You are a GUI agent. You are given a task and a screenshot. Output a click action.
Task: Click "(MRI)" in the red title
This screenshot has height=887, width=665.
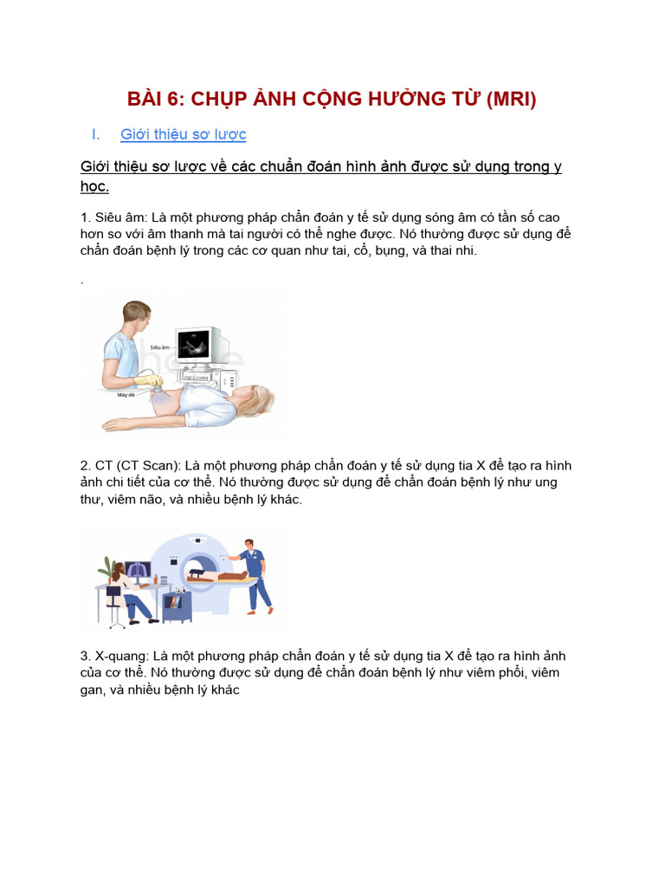[x=511, y=99]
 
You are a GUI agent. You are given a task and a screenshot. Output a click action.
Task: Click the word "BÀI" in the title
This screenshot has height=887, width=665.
[x=146, y=99]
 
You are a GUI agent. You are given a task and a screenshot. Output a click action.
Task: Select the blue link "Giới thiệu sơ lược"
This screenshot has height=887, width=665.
[x=184, y=134]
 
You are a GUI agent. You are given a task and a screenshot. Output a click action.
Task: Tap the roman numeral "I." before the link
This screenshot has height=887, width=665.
[x=96, y=134]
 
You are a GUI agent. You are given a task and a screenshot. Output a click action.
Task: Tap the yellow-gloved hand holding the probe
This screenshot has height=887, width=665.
[x=148, y=380]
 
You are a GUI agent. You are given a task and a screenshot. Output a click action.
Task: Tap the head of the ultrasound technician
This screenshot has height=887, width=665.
[x=136, y=318]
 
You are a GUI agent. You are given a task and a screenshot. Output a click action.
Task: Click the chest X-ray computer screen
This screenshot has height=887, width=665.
[x=137, y=569]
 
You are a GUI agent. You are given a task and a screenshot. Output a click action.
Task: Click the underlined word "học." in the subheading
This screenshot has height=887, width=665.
[x=94, y=186]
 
